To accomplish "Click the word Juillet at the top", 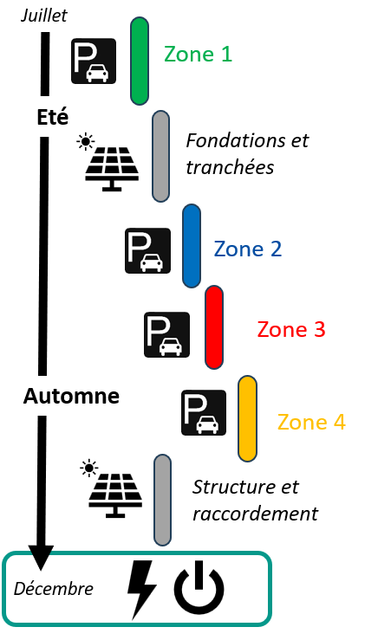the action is pos(44,16).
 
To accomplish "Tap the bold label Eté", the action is pos(52,118).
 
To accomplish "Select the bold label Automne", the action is pos(71,396).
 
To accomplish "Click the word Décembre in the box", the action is pos(54,589).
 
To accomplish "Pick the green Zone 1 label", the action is pos(199,54).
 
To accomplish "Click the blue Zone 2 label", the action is pos(248,249).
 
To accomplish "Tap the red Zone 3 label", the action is pos(291,329).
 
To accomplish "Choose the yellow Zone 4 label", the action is pos(311,422).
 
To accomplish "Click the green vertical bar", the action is pos(140,61).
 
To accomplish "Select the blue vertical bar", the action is pos(192,246).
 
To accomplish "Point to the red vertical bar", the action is pos(214,327).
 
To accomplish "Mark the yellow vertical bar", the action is pos(248,419).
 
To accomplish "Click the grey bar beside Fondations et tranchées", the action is pos(161,156).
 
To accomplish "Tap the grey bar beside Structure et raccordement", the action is pos(163,500).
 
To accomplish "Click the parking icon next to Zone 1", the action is pos(94,61).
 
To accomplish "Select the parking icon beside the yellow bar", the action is pos(204,412).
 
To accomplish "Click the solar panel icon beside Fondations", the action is pos(108,164).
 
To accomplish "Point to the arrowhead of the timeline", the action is pos(41,558).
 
